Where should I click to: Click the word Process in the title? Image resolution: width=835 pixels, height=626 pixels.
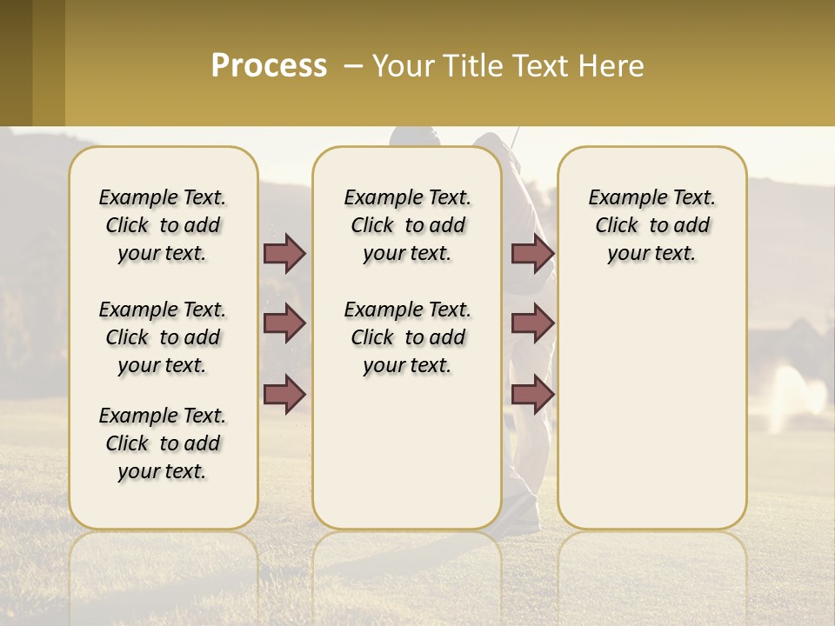pos(269,66)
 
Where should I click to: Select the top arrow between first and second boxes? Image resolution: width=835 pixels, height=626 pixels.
pos(284,253)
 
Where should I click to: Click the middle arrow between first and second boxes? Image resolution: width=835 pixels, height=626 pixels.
pos(284,323)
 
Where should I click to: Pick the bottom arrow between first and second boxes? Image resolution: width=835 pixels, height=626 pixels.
pos(284,395)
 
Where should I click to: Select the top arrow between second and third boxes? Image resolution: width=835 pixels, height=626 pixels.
pos(532,253)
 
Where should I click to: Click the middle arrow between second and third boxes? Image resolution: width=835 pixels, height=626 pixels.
pos(532,323)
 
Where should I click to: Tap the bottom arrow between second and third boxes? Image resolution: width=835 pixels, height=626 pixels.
pos(532,395)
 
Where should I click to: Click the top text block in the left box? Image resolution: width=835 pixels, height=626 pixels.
pos(163,225)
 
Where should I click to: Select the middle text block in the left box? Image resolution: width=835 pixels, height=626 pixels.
pos(163,337)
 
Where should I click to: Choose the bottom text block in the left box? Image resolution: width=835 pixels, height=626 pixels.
pos(163,443)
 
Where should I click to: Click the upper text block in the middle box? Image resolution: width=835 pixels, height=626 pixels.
pos(407,225)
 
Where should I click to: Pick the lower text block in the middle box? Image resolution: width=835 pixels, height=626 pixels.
pos(407,337)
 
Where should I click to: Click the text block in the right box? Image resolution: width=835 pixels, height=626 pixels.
pos(651,225)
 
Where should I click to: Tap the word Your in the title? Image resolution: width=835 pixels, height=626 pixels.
pos(399,66)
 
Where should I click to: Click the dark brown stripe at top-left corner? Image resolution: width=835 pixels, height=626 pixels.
pos(16,63)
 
